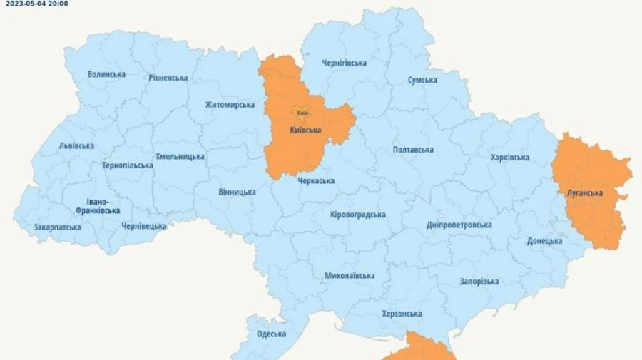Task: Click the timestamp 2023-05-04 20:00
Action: (x=37, y=4)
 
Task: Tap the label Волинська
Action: (x=106, y=74)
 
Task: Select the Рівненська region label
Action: (x=168, y=78)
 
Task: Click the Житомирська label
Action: (x=230, y=105)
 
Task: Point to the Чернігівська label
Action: (x=345, y=63)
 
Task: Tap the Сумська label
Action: (x=422, y=80)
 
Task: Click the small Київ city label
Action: (x=302, y=113)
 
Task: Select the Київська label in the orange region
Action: (x=306, y=130)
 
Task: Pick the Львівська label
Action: (x=76, y=146)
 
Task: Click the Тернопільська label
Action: (x=127, y=165)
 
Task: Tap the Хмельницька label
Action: (x=180, y=157)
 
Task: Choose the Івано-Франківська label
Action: (x=98, y=206)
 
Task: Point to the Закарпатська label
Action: (x=57, y=227)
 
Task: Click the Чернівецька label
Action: (x=143, y=226)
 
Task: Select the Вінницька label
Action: (x=237, y=192)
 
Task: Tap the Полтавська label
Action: (x=413, y=150)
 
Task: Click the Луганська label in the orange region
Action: (x=584, y=193)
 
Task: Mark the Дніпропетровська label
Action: (x=459, y=225)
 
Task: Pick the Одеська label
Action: (x=271, y=334)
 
